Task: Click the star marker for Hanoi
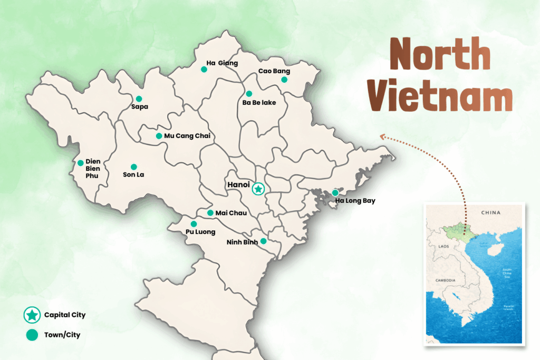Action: point(258,188)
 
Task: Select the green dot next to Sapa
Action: point(139,99)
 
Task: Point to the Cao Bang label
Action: point(274,71)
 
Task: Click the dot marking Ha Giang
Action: point(204,69)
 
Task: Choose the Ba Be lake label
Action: point(259,102)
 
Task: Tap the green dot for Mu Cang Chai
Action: point(159,136)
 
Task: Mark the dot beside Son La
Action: point(133,167)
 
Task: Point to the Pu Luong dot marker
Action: point(194,224)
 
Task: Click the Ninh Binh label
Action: point(242,242)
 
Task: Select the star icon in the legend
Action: point(32,315)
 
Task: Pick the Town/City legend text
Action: point(62,334)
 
